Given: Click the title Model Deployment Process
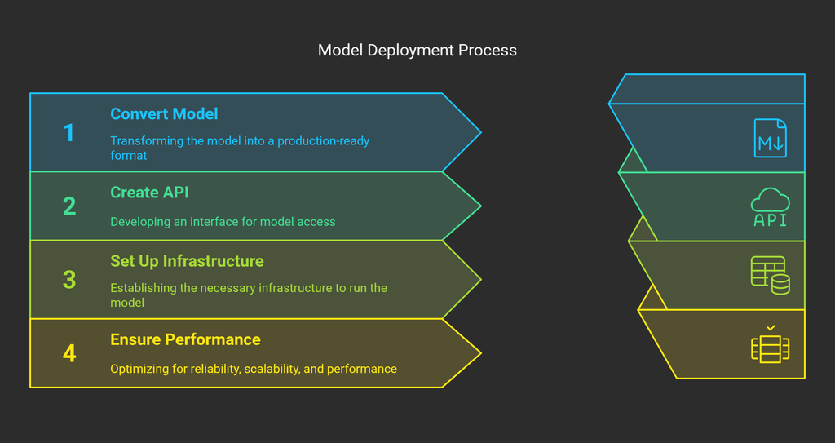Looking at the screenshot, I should [x=417, y=51].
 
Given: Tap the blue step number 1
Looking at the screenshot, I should [x=69, y=132].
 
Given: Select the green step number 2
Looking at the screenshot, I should [x=69, y=206].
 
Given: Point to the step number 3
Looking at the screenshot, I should [x=69, y=280].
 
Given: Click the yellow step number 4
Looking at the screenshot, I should [x=69, y=353].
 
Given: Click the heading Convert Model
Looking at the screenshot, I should [x=164, y=114].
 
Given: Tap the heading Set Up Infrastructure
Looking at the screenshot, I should [x=187, y=261].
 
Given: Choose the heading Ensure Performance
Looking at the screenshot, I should [x=185, y=339].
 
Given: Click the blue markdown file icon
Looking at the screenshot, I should [x=770, y=138].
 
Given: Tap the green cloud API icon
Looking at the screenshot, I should [x=770, y=207].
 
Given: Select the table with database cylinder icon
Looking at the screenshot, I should [x=770, y=275].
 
